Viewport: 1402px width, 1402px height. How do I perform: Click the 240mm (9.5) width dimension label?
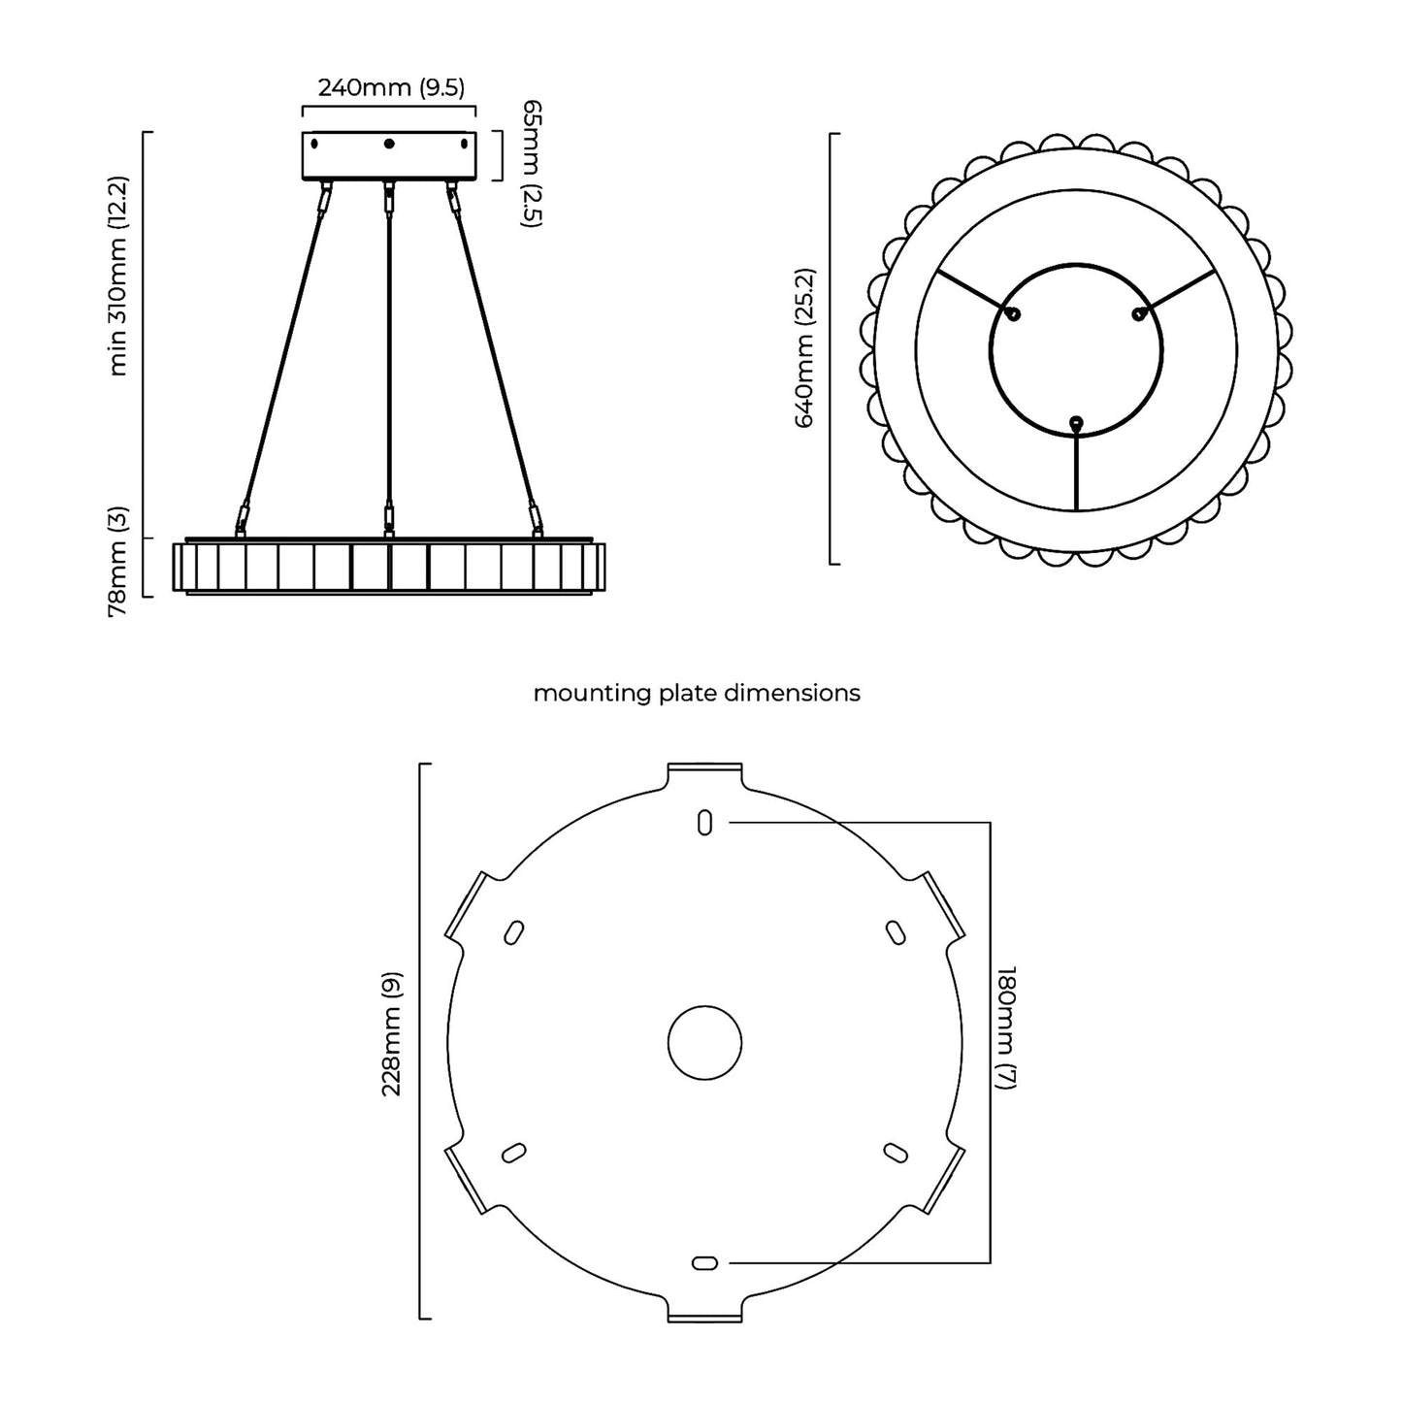click(x=391, y=87)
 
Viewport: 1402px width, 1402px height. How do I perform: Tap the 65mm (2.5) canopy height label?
click(x=533, y=164)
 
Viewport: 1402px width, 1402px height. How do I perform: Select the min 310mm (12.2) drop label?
click(x=117, y=276)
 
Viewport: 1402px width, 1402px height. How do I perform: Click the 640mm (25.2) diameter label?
click(x=804, y=347)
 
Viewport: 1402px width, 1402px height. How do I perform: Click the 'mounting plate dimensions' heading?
click(x=697, y=694)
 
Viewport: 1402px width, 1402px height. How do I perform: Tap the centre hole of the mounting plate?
click(x=704, y=1043)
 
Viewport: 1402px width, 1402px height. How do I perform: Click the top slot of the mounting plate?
click(x=704, y=822)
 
